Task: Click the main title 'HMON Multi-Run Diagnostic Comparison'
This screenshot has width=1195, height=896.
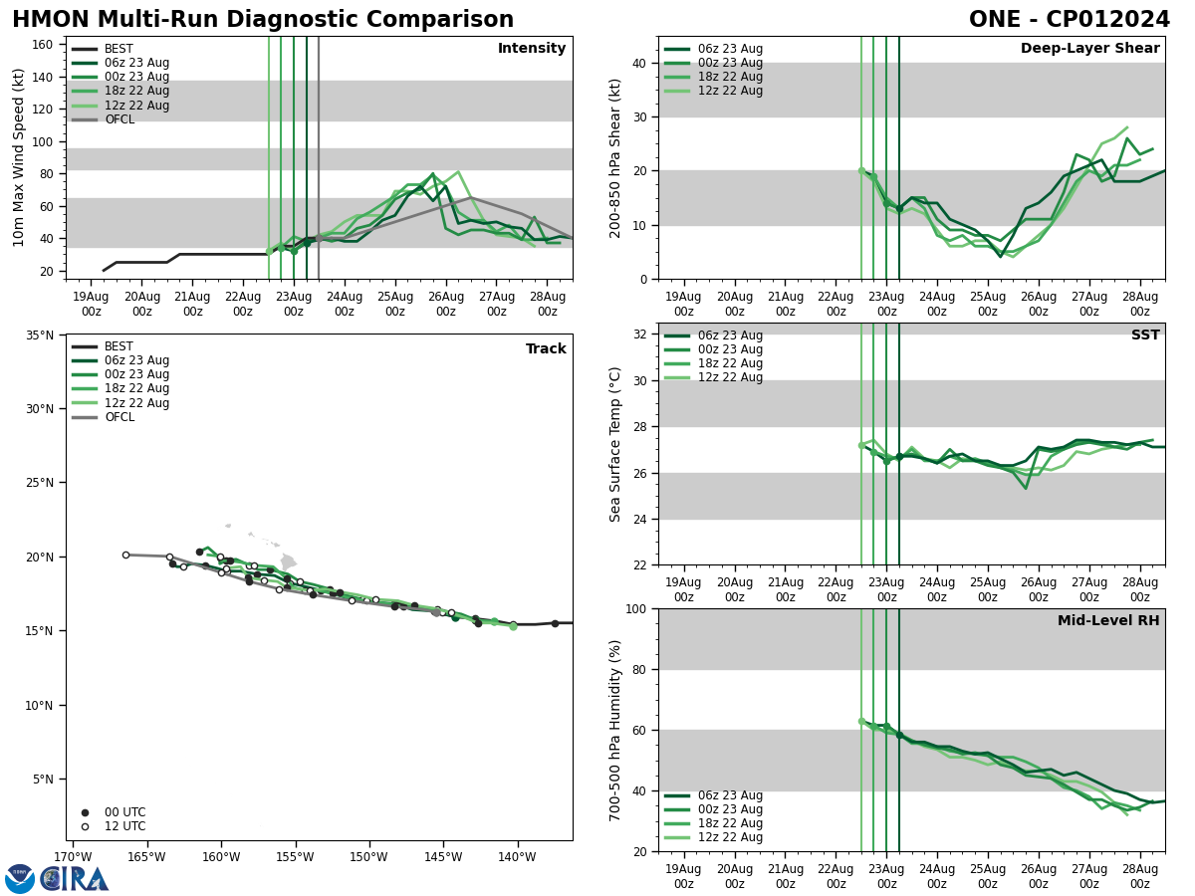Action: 263,20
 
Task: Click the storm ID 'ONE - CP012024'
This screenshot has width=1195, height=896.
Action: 1069,20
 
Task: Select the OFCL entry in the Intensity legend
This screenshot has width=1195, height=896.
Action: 119,119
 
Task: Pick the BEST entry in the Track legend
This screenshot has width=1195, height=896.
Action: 119,346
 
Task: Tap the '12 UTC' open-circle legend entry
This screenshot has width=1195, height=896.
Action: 124,826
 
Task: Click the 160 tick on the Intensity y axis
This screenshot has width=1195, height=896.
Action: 43,45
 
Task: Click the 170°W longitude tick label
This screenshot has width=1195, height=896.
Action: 73,857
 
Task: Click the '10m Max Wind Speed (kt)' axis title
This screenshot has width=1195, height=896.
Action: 19,157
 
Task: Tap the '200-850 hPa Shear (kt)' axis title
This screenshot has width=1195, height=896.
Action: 615,157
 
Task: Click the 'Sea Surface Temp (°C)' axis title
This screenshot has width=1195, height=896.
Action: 615,444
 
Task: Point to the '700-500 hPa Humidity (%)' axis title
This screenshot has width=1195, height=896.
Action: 615,730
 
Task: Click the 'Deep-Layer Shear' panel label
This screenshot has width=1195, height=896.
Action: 1089,49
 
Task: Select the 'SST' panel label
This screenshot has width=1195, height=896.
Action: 1145,336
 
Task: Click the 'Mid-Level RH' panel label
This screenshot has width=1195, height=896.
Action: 1108,621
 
